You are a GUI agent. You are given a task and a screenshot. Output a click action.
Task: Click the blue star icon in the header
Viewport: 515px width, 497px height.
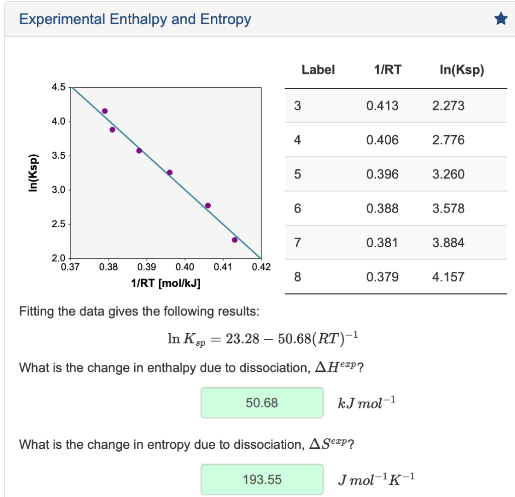click(500, 20)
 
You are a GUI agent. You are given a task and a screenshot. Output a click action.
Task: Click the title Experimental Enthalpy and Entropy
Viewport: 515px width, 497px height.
click(135, 20)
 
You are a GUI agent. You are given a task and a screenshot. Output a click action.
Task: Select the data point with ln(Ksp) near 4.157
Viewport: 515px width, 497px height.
click(105, 111)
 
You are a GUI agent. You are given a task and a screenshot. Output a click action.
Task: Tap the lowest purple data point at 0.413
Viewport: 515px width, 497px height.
click(234, 240)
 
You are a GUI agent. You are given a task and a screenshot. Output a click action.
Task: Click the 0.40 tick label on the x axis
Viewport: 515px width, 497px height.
click(185, 266)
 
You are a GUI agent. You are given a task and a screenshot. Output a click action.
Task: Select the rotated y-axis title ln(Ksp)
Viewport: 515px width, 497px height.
click(33, 172)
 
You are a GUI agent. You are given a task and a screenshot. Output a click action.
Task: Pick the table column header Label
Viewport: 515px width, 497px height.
click(318, 70)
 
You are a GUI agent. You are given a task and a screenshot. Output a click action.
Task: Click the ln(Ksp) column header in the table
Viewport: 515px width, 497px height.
click(462, 70)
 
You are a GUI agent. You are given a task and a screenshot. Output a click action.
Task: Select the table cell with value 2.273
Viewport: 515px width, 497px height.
click(448, 106)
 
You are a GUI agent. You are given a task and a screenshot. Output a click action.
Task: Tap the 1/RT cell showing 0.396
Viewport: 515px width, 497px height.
click(382, 174)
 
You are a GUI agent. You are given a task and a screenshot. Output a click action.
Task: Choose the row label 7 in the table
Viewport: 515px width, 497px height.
click(297, 243)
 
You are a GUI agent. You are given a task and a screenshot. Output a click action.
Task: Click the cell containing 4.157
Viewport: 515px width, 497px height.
click(448, 277)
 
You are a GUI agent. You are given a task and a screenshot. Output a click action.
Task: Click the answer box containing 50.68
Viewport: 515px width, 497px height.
click(262, 403)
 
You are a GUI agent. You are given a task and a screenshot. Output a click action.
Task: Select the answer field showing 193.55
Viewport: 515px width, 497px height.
click(262, 479)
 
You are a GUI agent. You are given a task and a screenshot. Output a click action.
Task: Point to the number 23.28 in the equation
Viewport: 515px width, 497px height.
click(243, 339)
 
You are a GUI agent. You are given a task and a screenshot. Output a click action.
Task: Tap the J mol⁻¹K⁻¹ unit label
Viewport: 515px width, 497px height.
click(376, 479)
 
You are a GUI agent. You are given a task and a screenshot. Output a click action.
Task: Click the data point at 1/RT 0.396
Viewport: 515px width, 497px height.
click(169, 172)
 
